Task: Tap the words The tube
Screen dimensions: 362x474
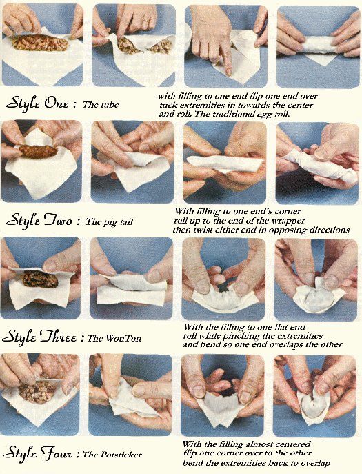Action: pyautogui.click(x=100, y=105)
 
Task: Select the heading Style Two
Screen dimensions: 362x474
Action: pyautogui.click(x=39, y=220)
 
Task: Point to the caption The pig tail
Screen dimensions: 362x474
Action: pyautogui.click(x=110, y=222)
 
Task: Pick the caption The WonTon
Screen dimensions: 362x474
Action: pyautogui.click(x=114, y=338)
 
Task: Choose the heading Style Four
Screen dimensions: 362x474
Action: pyautogui.click(x=39, y=453)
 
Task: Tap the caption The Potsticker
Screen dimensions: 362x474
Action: pyautogui.click(x=112, y=455)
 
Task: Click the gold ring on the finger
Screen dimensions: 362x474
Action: pyautogui.click(x=146, y=21)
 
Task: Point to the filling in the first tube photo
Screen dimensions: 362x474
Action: pyautogui.click(x=40, y=43)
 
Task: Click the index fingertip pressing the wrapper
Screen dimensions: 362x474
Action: pyautogui.click(x=228, y=71)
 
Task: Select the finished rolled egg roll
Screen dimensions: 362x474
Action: pyautogui.click(x=318, y=46)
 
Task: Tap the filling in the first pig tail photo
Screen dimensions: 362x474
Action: pyautogui.click(x=38, y=151)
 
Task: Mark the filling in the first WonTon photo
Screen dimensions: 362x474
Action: pyautogui.click(x=40, y=279)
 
